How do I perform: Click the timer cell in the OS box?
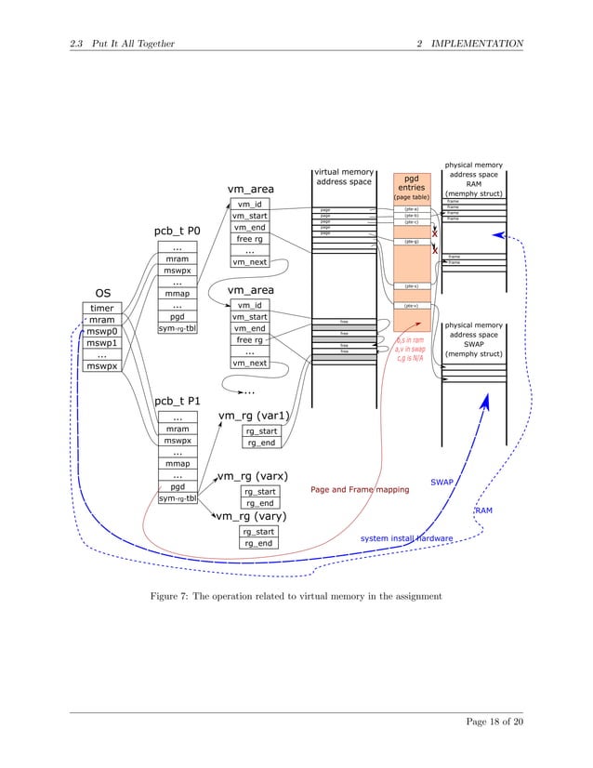(x=101, y=308)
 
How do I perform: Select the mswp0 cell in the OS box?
(x=101, y=332)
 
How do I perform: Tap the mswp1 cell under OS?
(x=101, y=343)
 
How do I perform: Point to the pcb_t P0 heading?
(x=177, y=231)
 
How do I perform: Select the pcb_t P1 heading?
(x=177, y=402)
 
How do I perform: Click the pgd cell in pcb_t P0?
(x=176, y=316)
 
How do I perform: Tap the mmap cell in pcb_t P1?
(x=176, y=463)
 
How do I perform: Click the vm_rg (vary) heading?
(x=252, y=515)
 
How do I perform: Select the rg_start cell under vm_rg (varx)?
(x=260, y=492)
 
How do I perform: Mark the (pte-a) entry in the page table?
(x=411, y=210)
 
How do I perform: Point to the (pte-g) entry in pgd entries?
(x=411, y=242)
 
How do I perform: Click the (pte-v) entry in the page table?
(x=411, y=305)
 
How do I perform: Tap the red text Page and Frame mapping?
(x=359, y=489)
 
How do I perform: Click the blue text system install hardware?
(x=406, y=538)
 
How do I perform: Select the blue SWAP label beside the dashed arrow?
(x=441, y=483)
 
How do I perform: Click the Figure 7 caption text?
(x=296, y=595)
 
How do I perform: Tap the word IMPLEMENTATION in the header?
(x=478, y=44)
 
